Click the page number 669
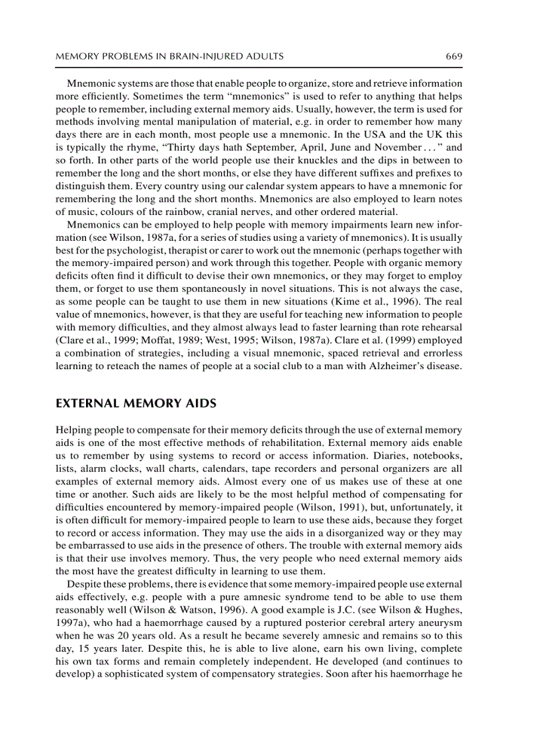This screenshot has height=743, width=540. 453,56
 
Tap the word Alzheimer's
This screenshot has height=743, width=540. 394,366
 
